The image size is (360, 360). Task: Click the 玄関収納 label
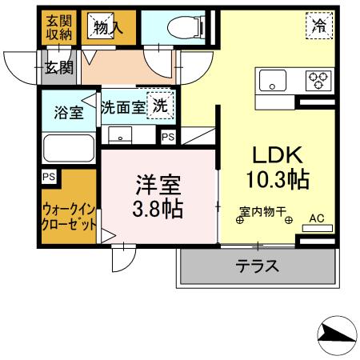click(58, 26)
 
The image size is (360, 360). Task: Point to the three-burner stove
click(319, 80)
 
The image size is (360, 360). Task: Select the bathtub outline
click(69, 149)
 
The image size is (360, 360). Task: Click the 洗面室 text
click(122, 106)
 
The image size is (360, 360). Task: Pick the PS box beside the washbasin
click(167, 138)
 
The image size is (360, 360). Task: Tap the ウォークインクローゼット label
click(69, 216)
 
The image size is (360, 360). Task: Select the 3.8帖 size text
click(157, 210)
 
